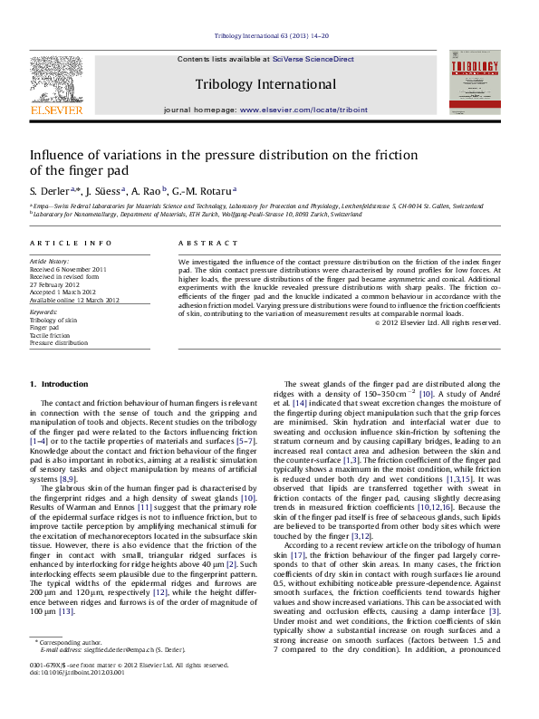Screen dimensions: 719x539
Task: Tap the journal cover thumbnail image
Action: click(x=474, y=82)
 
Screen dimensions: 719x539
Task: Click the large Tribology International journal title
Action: click(x=265, y=84)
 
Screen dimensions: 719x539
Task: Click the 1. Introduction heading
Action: click(x=59, y=384)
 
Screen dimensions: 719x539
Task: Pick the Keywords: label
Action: click(x=43, y=312)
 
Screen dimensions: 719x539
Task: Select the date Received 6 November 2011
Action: click(x=68, y=269)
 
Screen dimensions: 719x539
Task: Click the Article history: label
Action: click(x=49, y=261)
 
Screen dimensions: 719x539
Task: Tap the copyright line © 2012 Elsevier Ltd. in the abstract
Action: click(x=438, y=322)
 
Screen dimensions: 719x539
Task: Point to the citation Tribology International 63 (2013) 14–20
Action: click(x=271, y=35)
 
